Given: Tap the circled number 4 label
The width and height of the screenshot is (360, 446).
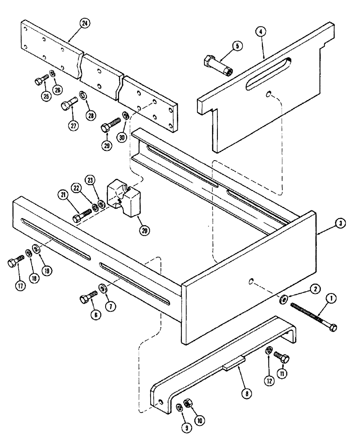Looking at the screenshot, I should [260, 32].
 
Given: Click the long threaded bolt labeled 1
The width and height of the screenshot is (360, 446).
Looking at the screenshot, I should [312, 314].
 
